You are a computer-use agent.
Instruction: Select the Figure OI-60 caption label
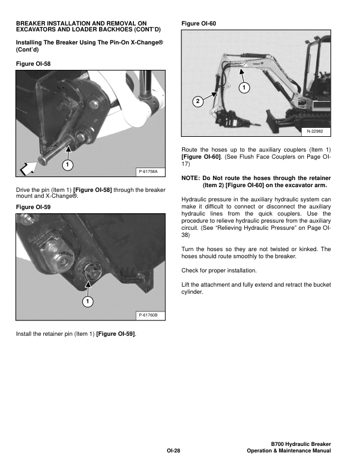(199, 23)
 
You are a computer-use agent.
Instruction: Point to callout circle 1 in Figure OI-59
(88, 303)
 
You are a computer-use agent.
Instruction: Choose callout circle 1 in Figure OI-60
(243, 88)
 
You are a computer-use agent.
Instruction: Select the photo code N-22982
(315, 130)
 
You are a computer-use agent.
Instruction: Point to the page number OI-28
(173, 452)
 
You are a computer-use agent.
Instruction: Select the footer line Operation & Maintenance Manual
(288, 452)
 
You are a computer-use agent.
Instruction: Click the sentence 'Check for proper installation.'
(219, 271)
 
